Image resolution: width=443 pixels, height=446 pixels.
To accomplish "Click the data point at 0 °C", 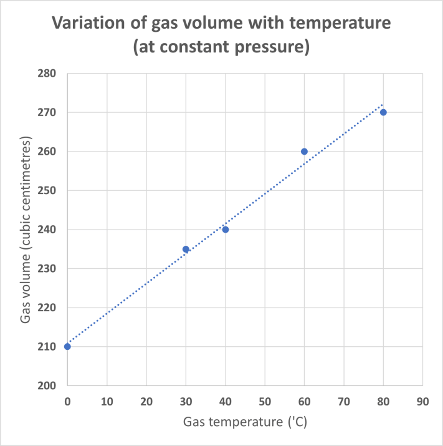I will [67, 346].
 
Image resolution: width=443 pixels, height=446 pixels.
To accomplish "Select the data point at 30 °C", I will [186, 249].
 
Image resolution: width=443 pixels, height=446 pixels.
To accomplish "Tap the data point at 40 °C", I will [226, 230].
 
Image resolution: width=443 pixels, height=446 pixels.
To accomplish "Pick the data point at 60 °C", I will [304, 152].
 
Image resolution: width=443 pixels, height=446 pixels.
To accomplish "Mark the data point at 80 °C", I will [383, 112].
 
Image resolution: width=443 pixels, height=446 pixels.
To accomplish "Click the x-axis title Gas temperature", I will [245, 422].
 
